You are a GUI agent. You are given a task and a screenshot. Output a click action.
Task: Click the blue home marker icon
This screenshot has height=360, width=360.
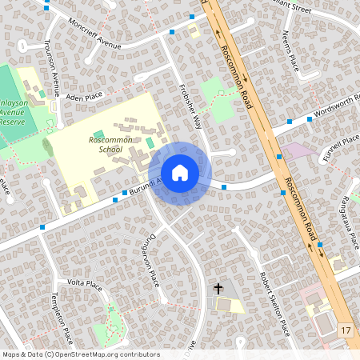click(x=180, y=173)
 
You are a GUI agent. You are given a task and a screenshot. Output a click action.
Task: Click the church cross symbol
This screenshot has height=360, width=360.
click(x=218, y=288)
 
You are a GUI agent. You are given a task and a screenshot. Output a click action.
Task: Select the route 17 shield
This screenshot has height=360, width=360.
click(x=346, y=330)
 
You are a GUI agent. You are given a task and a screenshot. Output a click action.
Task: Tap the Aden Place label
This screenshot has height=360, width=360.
click(x=86, y=96)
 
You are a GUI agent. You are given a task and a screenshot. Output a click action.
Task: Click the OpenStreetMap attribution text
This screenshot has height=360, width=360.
click(x=80, y=354)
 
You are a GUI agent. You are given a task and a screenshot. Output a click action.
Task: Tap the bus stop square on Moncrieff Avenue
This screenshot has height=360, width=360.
click(x=171, y=32)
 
